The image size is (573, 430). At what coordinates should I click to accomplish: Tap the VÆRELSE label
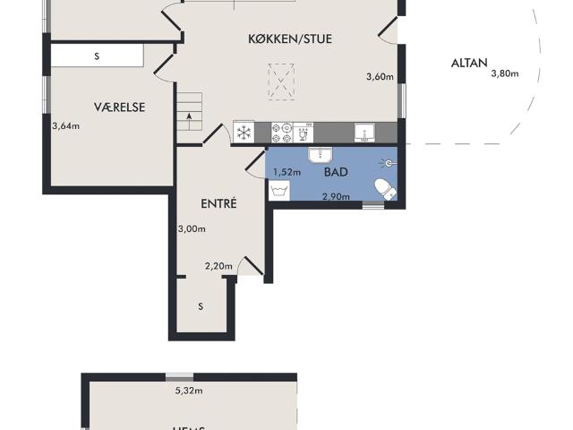119,107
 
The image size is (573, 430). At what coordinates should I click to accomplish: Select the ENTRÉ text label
218,204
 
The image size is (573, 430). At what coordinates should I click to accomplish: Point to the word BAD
337,171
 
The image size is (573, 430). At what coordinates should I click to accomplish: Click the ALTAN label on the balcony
469,63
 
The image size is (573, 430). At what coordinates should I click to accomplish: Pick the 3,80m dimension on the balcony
505,73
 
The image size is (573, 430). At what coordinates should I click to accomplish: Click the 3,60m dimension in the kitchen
380,77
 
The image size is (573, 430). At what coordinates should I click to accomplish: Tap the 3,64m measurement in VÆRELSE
66,125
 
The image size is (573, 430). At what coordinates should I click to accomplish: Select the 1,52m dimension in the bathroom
286,172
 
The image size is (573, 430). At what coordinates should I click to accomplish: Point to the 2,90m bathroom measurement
336,195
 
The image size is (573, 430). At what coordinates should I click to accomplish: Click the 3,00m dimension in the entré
192,228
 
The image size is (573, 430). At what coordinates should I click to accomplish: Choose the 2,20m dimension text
218,266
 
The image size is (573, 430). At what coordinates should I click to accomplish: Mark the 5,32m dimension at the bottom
189,391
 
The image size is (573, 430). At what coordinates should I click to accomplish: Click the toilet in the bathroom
382,189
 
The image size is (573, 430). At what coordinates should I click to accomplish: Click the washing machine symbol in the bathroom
278,192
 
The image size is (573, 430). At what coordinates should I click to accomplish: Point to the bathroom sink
321,154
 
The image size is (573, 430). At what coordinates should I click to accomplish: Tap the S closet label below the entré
201,306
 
